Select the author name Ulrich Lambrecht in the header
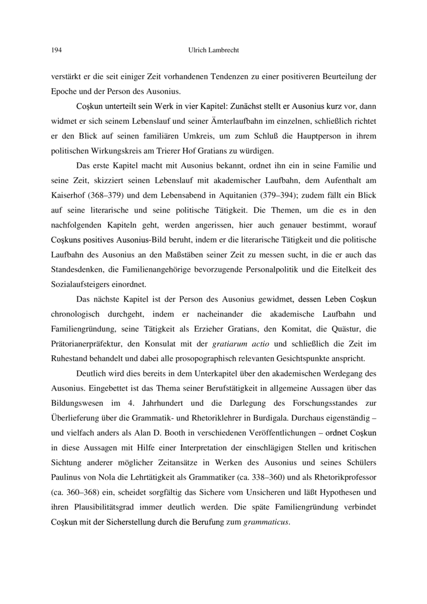pyautogui.click(x=213, y=51)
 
